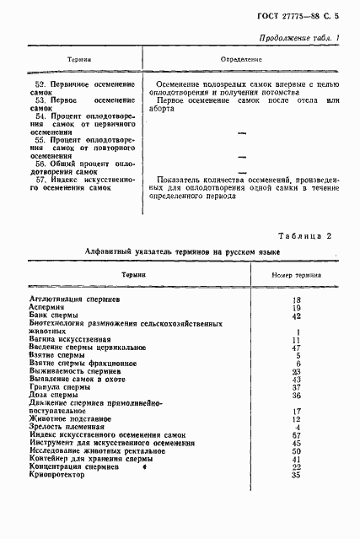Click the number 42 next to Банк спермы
(x=296, y=315)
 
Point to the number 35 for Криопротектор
(x=296, y=475)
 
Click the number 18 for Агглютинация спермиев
(x=296, y=299)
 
